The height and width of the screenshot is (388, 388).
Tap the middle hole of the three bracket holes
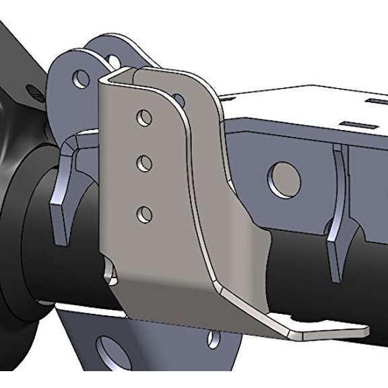[143, 163]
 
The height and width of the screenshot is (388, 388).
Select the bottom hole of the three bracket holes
[143, 215]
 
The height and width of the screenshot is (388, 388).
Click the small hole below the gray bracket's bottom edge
[214, 337]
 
